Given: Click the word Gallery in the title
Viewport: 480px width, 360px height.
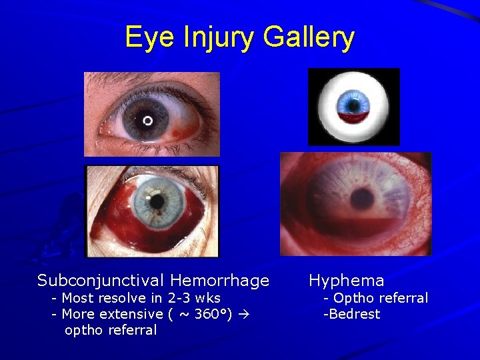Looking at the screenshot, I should click(x=308, y=38).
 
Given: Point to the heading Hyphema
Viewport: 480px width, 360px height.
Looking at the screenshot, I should click(x=346, y=281).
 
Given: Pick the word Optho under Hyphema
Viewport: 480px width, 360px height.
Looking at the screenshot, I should click(x=353, y=297).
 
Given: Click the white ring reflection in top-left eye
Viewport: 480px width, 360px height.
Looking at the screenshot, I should click(x=147, y=120).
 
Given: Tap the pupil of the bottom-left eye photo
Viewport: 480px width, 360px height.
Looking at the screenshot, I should click(x=157, y=201).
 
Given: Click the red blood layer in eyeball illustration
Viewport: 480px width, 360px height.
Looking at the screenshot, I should click(x=353, y=117).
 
